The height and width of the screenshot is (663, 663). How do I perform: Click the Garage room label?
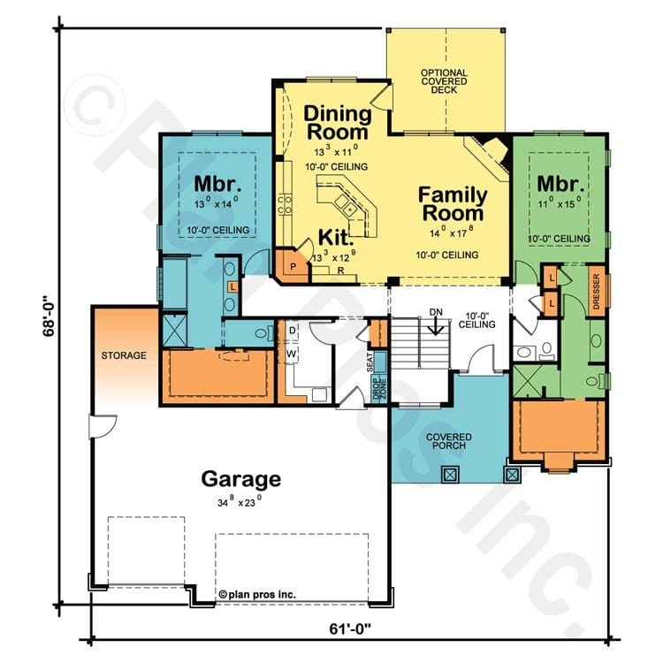tap(241, 479)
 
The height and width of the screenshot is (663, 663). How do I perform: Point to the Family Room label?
tap(452, 203)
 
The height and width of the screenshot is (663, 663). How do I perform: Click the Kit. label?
tap(337, 238)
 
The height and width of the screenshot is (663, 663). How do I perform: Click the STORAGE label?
tap(123, 355)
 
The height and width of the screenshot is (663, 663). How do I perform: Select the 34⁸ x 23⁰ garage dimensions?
tap(241, 500)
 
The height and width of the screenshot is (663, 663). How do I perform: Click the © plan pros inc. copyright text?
tap(256, 595)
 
